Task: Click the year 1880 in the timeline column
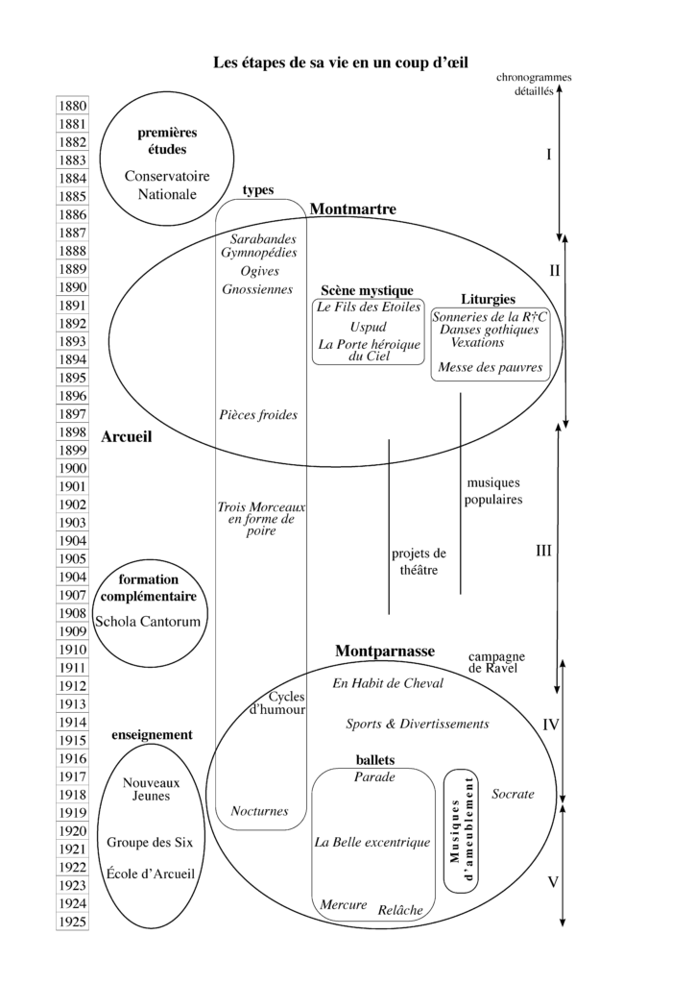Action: (x=73, y=106)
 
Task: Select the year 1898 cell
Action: (x=73, y=432)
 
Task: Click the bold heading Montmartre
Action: (x=353, y=209)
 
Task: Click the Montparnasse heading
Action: (x=385, y=652)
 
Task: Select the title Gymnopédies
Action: (x=258, y=253)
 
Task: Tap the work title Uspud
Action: (x=369, y=327)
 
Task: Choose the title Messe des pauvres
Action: (x=491, y=367)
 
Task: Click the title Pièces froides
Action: (x=258, y=415)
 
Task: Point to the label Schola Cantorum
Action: (x=148, y=621)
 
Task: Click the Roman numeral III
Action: (x=543, y=552)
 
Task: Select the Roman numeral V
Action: (x=552, y=881)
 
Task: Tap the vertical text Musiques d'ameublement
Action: (x=463, y=830)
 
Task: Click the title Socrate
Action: (x=513, y=795)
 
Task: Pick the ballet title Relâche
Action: (x=400, y=909)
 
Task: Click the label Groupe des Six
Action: (x=150, y=843)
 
